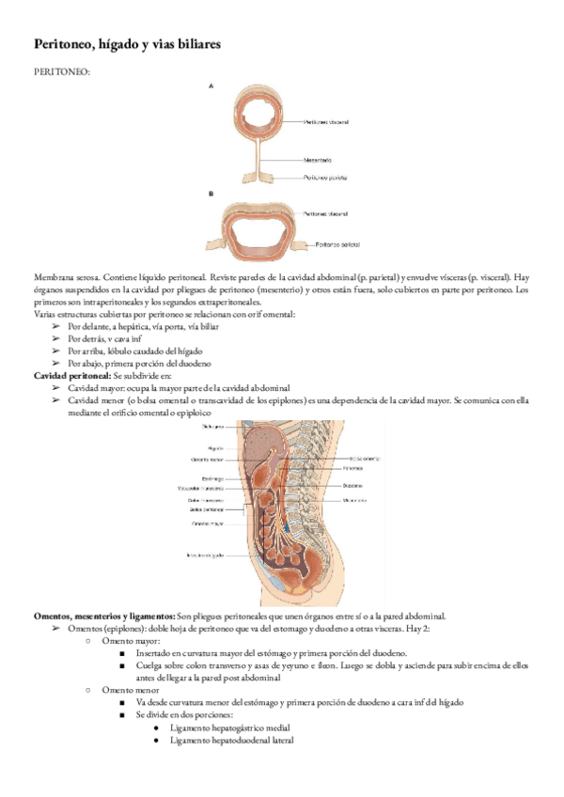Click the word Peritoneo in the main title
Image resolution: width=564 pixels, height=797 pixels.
67,44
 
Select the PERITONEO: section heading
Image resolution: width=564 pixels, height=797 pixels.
62,71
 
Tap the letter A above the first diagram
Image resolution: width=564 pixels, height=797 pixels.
211,86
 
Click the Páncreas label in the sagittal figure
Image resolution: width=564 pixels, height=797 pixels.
353,467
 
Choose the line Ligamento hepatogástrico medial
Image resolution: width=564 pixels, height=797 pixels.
230,727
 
